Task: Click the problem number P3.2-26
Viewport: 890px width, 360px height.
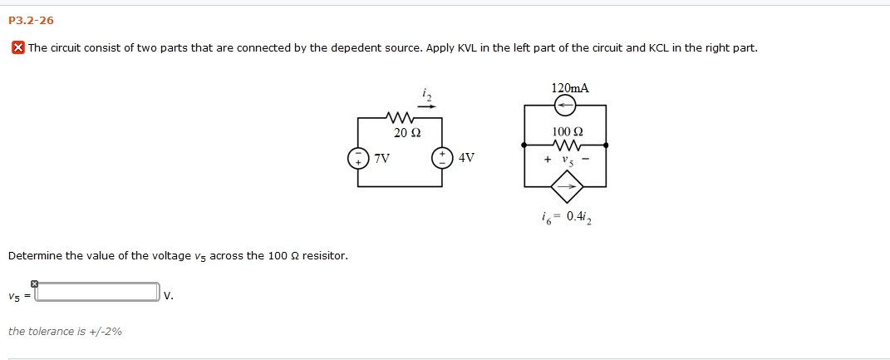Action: [x=31, y=21]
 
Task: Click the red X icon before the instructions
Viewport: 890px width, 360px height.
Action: [x=17, y=47]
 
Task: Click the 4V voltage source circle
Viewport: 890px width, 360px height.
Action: [x=441, y=158]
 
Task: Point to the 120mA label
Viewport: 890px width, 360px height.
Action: [x=569, y=88]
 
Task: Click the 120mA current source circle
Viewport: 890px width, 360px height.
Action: [x=565, y=106]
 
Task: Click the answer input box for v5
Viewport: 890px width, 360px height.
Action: [x=97, y=293]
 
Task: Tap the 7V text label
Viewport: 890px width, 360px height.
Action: [x=381, y=158]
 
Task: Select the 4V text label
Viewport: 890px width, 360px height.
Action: [x=466, y=158]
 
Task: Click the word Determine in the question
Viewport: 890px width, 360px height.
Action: [x=35, y=255]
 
